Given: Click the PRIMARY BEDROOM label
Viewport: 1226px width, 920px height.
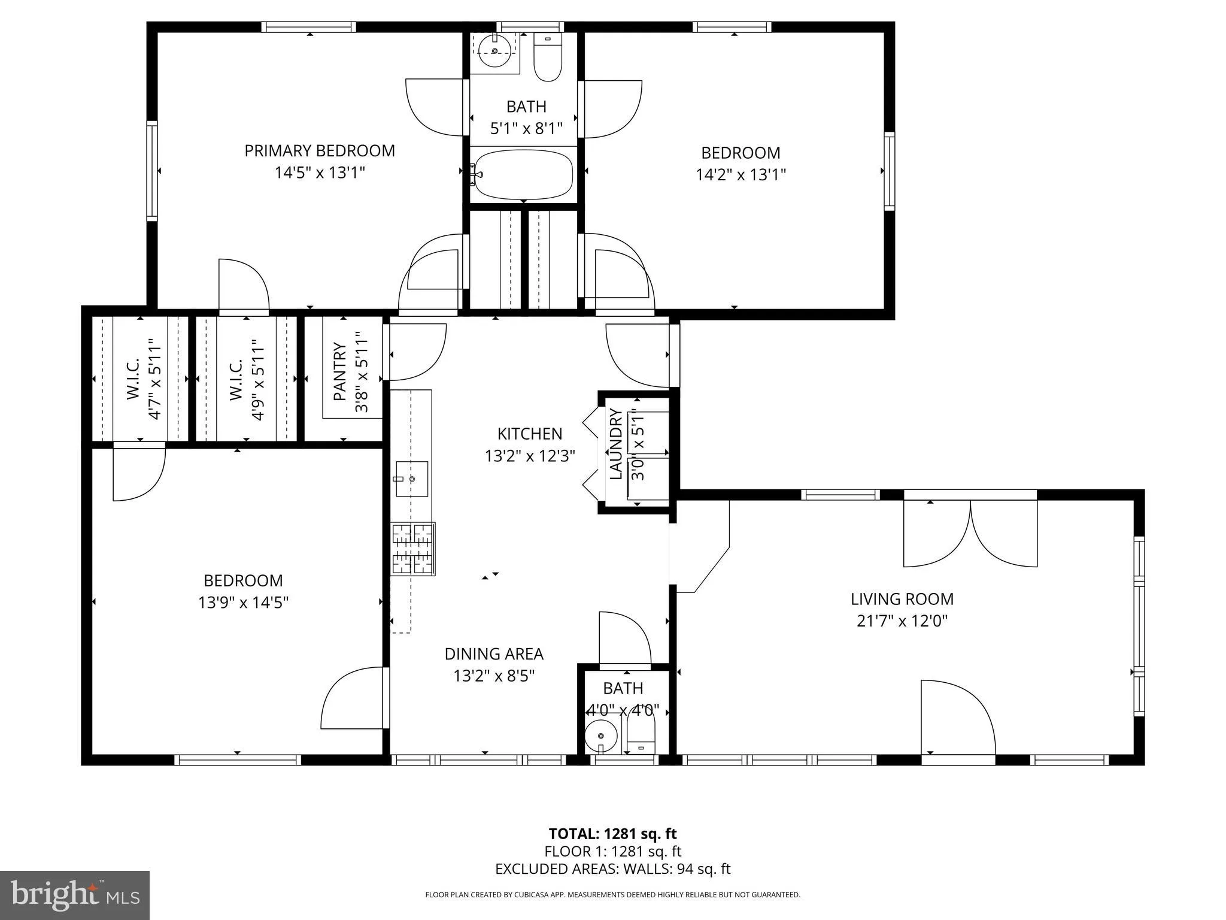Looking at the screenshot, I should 320,150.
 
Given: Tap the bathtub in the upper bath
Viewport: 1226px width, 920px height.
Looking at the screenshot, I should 523,174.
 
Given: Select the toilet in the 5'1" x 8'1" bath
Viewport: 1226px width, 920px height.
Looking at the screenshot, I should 547,59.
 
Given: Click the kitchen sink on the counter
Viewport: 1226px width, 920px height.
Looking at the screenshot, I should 412,479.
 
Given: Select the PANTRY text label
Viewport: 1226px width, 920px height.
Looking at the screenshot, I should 340,371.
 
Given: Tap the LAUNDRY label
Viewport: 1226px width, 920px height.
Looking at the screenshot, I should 616,444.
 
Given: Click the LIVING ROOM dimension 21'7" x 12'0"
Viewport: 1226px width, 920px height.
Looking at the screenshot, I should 902,621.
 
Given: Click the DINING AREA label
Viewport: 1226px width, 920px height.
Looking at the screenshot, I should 494,653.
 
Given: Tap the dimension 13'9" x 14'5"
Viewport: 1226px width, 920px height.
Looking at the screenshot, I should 243,602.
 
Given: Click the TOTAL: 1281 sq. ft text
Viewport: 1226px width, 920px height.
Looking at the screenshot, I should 612,833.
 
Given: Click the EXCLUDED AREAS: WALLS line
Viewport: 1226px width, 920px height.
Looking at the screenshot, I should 612,868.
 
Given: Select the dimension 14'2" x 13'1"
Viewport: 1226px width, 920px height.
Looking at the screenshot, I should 741,174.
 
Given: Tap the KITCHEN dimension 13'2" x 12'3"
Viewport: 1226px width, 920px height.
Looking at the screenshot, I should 530,456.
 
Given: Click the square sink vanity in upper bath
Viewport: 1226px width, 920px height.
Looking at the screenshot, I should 494,52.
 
